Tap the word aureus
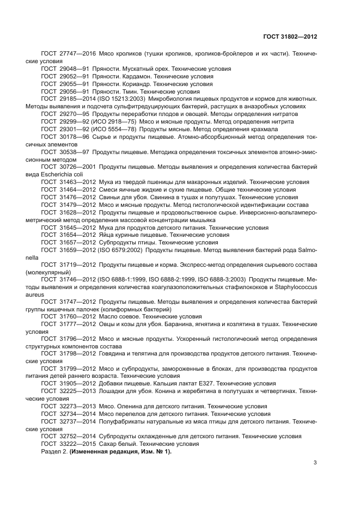[34, 294]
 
